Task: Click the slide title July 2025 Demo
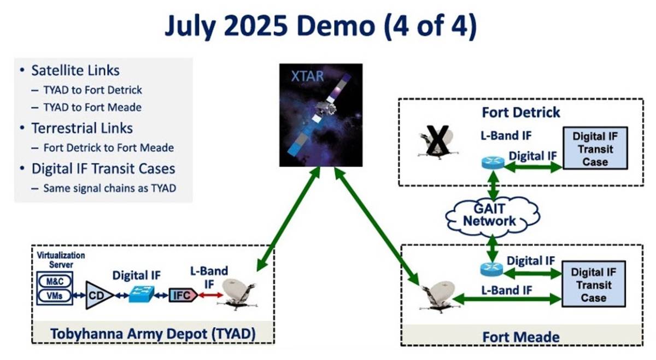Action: tap(320, 26)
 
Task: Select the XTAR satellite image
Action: tap(320, 115)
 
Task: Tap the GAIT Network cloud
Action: tap(489, 215)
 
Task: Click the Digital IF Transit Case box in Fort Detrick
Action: tap(595, 148)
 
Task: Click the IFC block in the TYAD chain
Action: tap(181, 294)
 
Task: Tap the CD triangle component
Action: tap(98, 295)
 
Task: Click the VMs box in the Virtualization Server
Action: tap(55, 296)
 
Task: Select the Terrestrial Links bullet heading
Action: tap(82, 128)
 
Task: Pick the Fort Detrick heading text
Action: tap(520, 113)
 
